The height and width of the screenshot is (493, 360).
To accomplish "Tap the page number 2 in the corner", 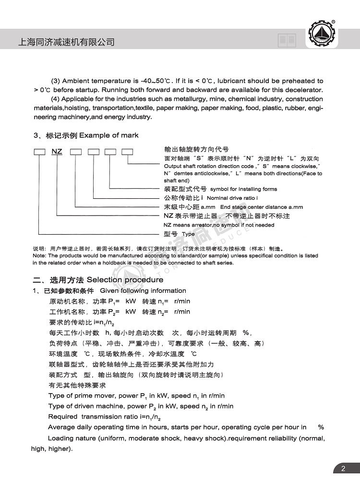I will point(343,469).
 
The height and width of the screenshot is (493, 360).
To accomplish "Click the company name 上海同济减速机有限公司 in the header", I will point(66,42).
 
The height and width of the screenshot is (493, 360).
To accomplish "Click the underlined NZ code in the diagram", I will point(57,152).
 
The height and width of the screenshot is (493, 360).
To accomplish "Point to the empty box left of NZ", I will point(39,152).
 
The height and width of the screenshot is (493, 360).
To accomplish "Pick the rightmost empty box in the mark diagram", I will point(127,152).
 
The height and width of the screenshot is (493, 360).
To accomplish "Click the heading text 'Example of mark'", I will point(108,135).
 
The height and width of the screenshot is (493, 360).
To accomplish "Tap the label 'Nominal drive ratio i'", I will point(232,198).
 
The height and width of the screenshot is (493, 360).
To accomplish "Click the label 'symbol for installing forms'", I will point(243,189).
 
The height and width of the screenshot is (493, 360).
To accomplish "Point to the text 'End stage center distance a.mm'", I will point(258,207).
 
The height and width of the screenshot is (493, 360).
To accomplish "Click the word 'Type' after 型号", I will point(188,234).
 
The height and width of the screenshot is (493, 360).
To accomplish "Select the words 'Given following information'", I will point(143,291).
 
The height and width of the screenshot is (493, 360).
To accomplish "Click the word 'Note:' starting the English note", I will point(39,256).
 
